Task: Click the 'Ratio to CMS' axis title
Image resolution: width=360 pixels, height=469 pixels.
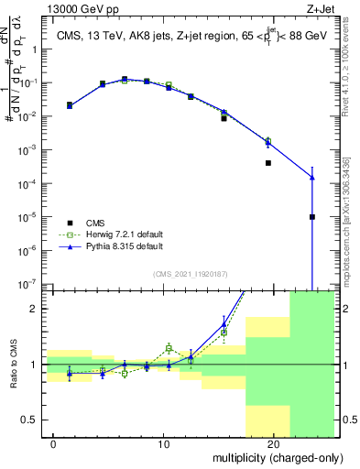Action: click(x=13, y=365)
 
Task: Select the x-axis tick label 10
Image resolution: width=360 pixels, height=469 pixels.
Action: click(x=163, y=443)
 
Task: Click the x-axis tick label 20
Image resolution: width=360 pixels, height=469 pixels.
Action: click(x=273, y=443)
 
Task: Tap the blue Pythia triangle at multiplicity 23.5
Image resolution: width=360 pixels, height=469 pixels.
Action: click(x=312, y=178)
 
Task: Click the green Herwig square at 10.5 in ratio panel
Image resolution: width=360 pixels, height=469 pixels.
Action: click(x=169, y=348)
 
